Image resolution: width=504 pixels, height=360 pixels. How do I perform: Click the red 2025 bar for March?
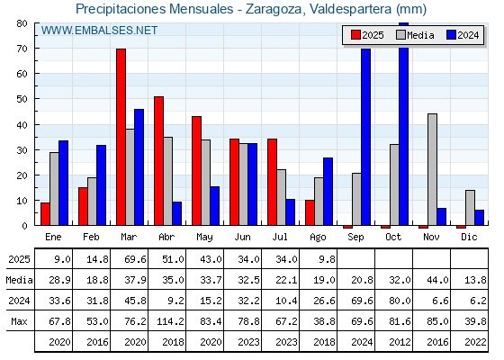point(121,137)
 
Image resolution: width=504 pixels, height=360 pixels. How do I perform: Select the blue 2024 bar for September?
point(365,137)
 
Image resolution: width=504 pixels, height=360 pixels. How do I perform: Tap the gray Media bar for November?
point(432,169)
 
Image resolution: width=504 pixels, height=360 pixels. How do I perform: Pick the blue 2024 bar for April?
point(176,213)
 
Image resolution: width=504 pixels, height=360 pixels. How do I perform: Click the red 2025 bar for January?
point(45,214)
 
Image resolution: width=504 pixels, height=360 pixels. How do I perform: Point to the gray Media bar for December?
point(470,208)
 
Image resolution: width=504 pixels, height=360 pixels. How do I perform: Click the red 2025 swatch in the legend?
point(355,35)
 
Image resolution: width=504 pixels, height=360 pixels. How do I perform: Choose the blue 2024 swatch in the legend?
point(451,35)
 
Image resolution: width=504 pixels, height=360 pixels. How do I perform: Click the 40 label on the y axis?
point(22,125)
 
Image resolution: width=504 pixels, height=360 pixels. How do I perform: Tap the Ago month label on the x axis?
point(318,238)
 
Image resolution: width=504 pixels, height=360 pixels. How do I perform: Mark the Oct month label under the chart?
point(393,237)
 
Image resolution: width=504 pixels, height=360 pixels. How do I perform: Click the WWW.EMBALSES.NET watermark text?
point(99,31)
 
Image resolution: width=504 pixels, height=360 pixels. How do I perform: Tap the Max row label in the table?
point(19,321)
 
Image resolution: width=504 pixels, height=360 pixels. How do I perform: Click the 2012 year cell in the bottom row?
point(400,342)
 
